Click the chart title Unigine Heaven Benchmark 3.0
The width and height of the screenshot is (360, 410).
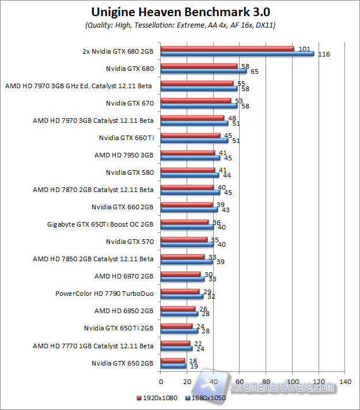[181, 12]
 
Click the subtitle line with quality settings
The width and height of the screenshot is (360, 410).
[180, 25]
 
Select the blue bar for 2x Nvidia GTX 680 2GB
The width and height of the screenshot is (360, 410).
[237, 54]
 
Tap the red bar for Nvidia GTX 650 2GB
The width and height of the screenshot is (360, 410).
[173, 360]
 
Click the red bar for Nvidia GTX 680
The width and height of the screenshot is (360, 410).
[199, 66]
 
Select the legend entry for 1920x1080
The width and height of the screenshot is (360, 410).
[157, 398]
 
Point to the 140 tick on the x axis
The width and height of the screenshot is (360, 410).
[345, 381]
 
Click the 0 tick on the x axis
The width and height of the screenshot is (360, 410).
[161, 381]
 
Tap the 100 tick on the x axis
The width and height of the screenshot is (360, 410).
[293, 381]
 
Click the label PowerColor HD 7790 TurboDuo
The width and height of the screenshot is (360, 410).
[104, 294]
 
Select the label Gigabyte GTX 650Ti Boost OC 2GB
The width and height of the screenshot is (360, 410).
[100, 224]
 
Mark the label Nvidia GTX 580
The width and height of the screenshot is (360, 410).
[130, 172]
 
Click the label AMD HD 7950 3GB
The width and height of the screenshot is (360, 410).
[124, 155]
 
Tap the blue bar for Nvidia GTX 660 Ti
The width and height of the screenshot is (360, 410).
[195, 140]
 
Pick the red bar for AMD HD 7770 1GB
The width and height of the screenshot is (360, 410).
[175, 343]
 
